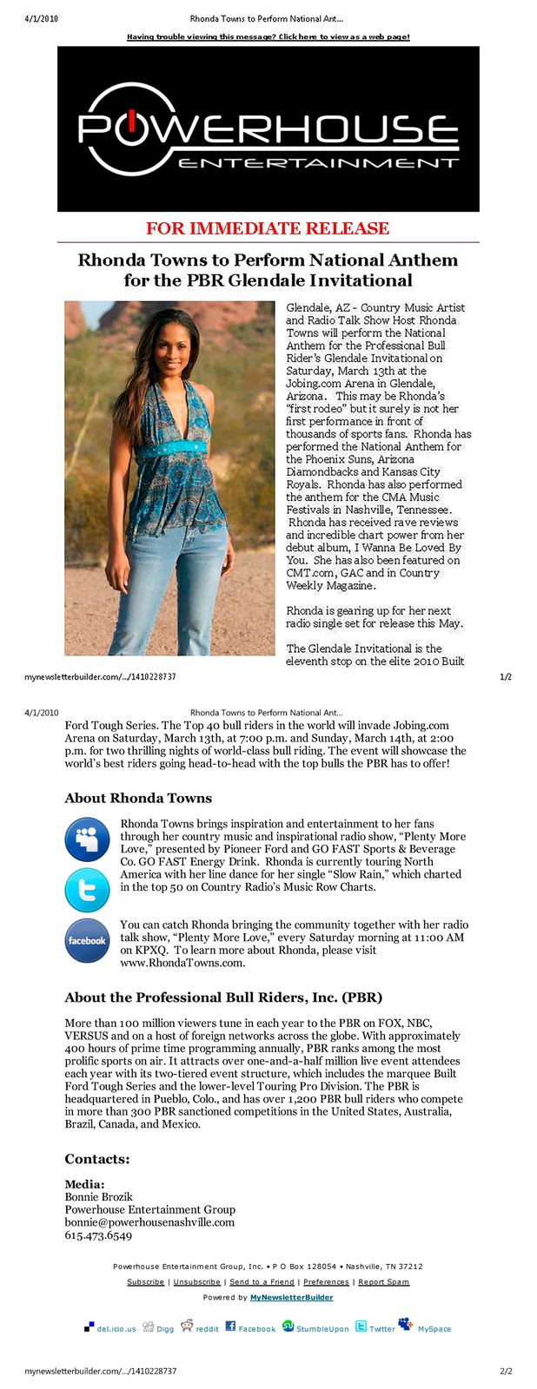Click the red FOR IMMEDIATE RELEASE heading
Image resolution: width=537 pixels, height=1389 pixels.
point(268,228)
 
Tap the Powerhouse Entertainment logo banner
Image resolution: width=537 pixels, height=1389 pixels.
point(268,129)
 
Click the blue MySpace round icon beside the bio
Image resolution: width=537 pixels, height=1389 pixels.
point(87,839)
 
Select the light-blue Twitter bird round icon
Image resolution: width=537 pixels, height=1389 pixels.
point(87,890)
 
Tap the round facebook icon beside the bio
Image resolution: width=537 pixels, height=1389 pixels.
point(87,940)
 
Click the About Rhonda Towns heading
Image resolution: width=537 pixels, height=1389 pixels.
point(138,798)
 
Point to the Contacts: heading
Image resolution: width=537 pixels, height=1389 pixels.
point(96,1159)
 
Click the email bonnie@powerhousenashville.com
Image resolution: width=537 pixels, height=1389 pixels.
point(149,1222)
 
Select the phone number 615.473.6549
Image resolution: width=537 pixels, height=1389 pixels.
point(98,1235)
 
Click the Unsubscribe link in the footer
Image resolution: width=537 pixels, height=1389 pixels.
point(196,1281)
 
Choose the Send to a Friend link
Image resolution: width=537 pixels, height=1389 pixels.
point(262,1281)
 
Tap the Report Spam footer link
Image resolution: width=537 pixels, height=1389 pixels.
point(383,1281)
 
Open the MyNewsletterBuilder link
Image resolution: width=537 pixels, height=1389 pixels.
point(291,1297)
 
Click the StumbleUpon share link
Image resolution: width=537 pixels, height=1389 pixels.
point(322,1328)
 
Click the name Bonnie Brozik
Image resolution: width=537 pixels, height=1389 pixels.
point(98,1196)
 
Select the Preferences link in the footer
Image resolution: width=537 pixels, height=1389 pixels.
point(326,1281)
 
